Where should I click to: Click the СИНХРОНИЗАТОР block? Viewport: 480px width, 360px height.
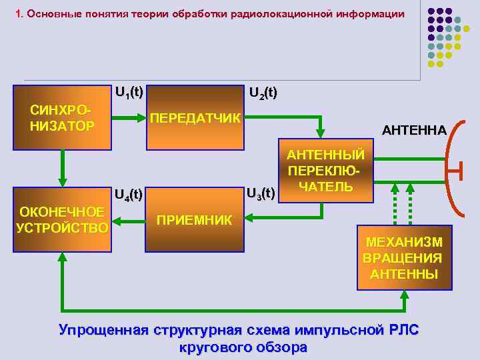(62, 117)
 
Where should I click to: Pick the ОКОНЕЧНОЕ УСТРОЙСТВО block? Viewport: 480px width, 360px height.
(62, 219)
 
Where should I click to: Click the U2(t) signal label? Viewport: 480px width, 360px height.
(263, 93)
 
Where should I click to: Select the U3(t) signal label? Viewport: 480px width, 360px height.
(260, 193)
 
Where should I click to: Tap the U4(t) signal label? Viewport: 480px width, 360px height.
(129, 195)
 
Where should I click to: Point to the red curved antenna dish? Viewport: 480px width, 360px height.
(449, 170)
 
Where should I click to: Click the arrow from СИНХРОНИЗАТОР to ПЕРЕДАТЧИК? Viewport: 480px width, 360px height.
(128, 119)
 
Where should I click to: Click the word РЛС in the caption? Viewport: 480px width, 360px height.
(401, 330)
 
